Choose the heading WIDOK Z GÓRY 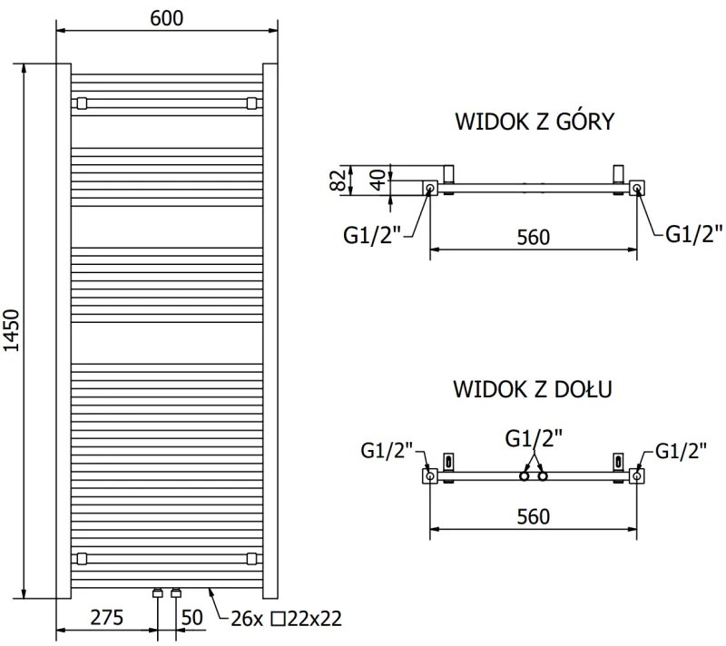click(535, 122)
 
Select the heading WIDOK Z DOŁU click(534, 390)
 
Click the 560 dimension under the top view click(534, 237)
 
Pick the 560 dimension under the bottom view click(534, 516)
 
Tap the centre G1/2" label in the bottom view click(534, 439)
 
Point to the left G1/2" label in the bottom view click(388, 450)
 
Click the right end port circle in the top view click(638, 189)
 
